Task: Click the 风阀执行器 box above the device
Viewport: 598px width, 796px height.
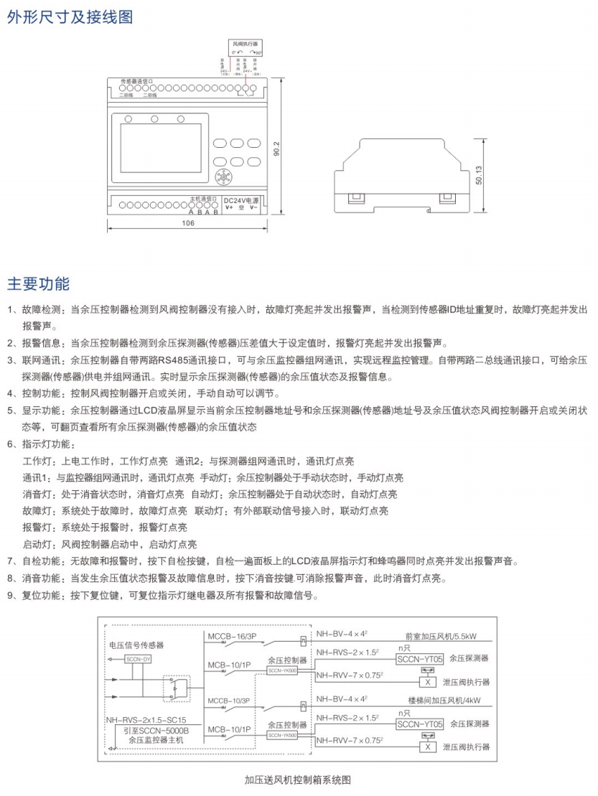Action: [x=245, y=44]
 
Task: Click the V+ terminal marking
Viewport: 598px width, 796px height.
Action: [x=228, y=207]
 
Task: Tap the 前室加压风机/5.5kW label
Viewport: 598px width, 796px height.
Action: [x=440, y=636]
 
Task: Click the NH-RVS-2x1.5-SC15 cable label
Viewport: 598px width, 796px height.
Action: [x=146, y=718]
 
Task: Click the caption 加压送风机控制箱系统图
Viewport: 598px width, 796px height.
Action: [x=296, y=779]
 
